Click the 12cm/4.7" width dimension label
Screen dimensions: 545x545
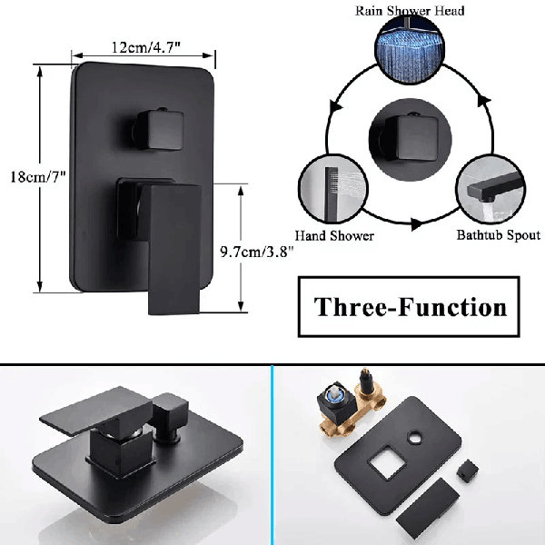point(146,47)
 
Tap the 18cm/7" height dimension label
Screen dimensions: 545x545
point(38,177)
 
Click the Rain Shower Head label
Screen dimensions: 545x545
point(410,11)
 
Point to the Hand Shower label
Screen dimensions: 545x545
point(334,235)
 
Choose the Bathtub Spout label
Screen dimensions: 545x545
point(499,235)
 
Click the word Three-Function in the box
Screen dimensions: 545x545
point(411,307)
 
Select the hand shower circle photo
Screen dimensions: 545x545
point(333,189)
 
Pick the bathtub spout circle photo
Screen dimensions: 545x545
point(490,189)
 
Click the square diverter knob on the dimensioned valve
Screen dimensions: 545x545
point(158,129)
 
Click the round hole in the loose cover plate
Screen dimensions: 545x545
point(414,438)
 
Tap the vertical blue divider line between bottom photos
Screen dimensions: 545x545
point(272,455)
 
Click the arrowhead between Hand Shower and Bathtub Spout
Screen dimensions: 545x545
point(416,223)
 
